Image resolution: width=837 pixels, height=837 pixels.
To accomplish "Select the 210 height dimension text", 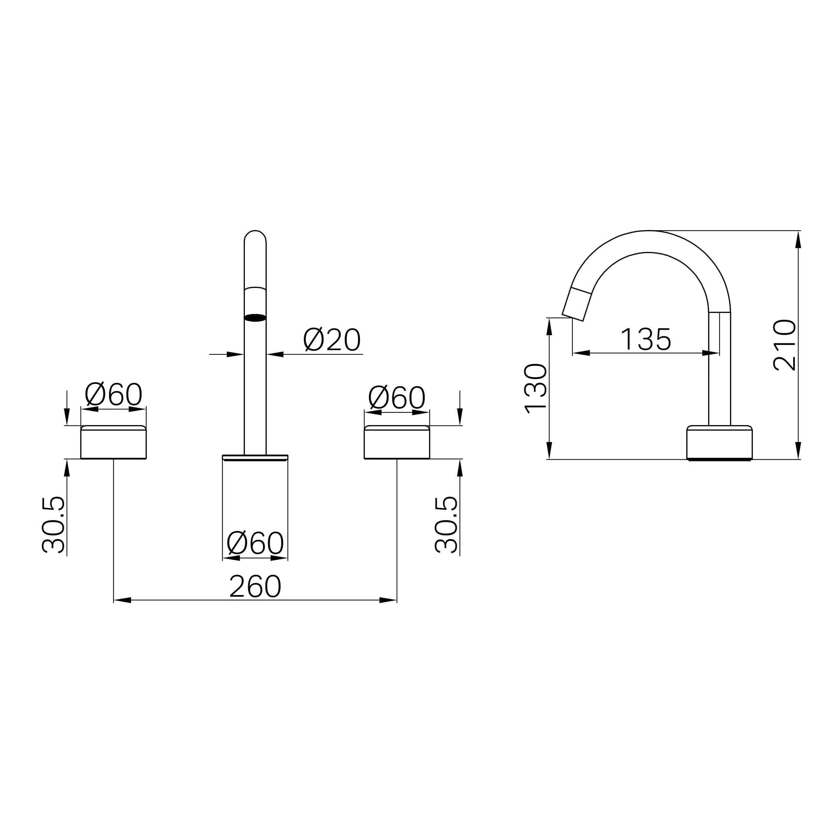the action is (785, 345).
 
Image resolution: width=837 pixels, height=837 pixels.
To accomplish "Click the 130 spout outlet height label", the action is (536, 388).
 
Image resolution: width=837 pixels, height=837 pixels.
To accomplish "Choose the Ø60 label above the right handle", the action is (397, 397).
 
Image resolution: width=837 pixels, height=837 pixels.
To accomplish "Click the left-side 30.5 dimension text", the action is (53, 525).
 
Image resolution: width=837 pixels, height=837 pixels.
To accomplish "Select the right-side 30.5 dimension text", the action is (446, 525).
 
